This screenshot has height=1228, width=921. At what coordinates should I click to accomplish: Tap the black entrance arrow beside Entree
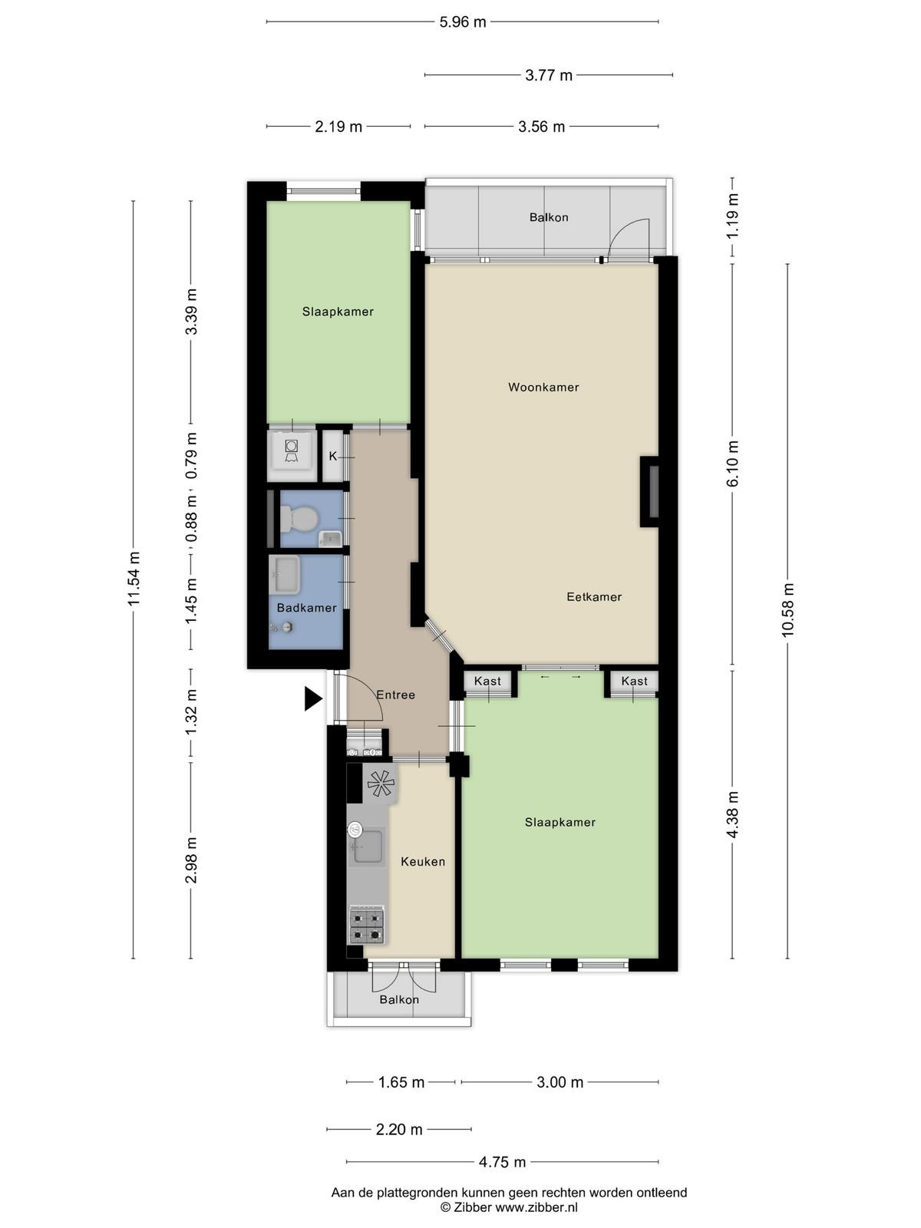[314, 698]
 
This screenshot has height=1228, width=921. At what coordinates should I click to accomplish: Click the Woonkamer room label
[543, 387]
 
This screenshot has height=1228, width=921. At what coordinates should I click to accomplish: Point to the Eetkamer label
[594, 597]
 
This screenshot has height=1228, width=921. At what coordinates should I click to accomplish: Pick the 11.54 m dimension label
[133, 579]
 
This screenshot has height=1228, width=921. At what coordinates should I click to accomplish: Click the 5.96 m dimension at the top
[463, 22]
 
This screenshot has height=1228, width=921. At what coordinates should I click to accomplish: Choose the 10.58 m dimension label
[787, 610]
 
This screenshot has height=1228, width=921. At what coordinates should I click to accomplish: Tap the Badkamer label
[306, 608]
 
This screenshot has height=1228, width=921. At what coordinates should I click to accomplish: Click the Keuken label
[423, 862]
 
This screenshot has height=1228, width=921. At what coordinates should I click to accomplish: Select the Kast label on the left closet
[487, 681]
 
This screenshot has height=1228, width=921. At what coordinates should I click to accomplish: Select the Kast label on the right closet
[634, 681]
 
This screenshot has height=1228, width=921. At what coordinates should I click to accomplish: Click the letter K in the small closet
[333, 457]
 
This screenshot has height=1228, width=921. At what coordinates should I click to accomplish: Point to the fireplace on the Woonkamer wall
[650, 492]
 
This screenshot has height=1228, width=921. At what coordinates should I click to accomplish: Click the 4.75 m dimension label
[502, 1163]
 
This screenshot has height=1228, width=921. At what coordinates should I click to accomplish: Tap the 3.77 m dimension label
[549, 75]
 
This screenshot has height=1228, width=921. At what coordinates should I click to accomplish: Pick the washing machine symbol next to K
[292, 451]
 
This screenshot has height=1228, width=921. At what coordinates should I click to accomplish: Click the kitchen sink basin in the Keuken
[368, 847]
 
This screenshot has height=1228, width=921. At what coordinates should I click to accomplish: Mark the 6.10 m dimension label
[732, 464]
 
